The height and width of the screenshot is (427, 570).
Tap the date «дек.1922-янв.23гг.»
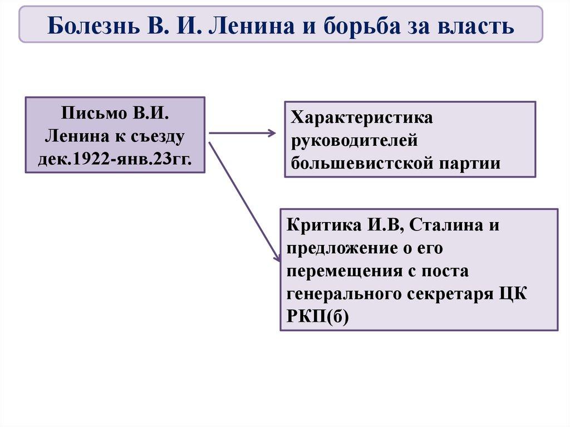[115, 158]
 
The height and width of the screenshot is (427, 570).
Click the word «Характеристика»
[362, 118]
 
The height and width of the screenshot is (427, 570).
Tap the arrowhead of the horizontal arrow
[272, 133]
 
